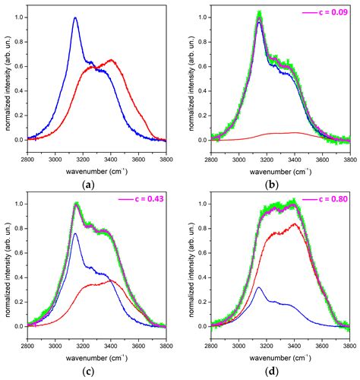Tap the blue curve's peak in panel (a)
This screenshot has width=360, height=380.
[75, 17]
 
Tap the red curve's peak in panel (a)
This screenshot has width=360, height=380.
[112, 59]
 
